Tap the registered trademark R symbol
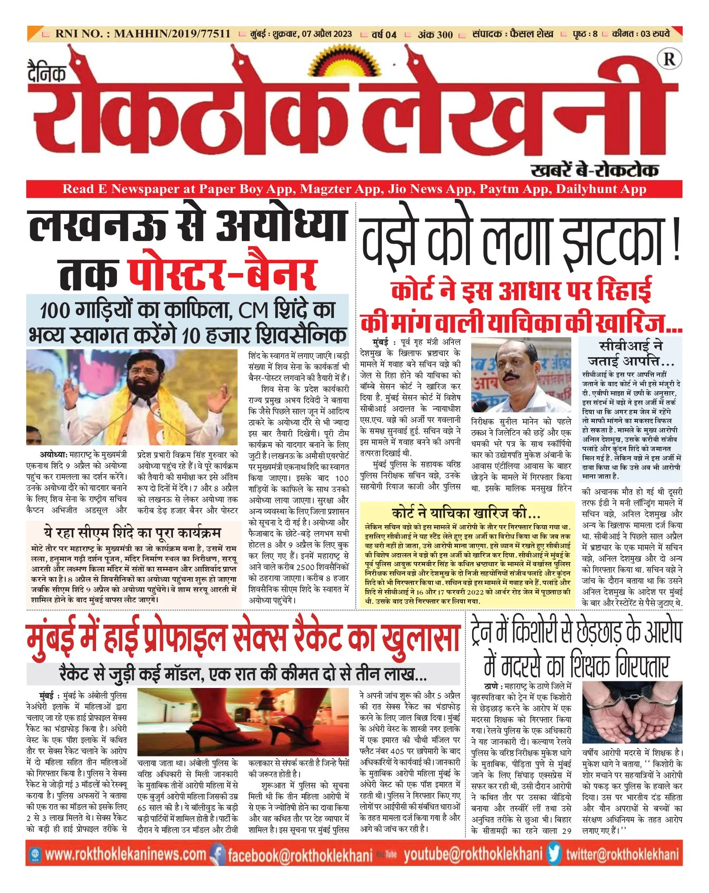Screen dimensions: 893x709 click(669, 59)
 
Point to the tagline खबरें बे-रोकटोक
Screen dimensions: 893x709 click(594, 170)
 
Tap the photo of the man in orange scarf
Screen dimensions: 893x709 click(132, 397)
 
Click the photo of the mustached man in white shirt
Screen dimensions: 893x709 click(521, 375)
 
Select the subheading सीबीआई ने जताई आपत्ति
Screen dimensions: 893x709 click(630, 353)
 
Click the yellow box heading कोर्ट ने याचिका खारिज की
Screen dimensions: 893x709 click(465, 513)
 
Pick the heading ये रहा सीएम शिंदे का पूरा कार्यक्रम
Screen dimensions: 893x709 click(132, 533)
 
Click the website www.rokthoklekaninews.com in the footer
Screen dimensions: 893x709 click(125, 854)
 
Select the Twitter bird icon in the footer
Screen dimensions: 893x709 click(554, 854)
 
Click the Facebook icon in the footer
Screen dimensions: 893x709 click(217, 854)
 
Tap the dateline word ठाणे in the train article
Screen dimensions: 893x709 click(492, 686)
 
